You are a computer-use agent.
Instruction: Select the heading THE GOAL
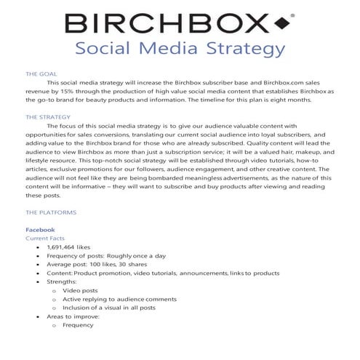41,74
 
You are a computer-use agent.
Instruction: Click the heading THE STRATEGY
48,116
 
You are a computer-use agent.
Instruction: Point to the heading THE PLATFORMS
51,212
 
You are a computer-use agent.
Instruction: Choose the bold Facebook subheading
40,230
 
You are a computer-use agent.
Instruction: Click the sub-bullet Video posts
79,291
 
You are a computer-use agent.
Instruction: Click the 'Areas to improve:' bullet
73,317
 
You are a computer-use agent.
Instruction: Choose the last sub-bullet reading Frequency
79,326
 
